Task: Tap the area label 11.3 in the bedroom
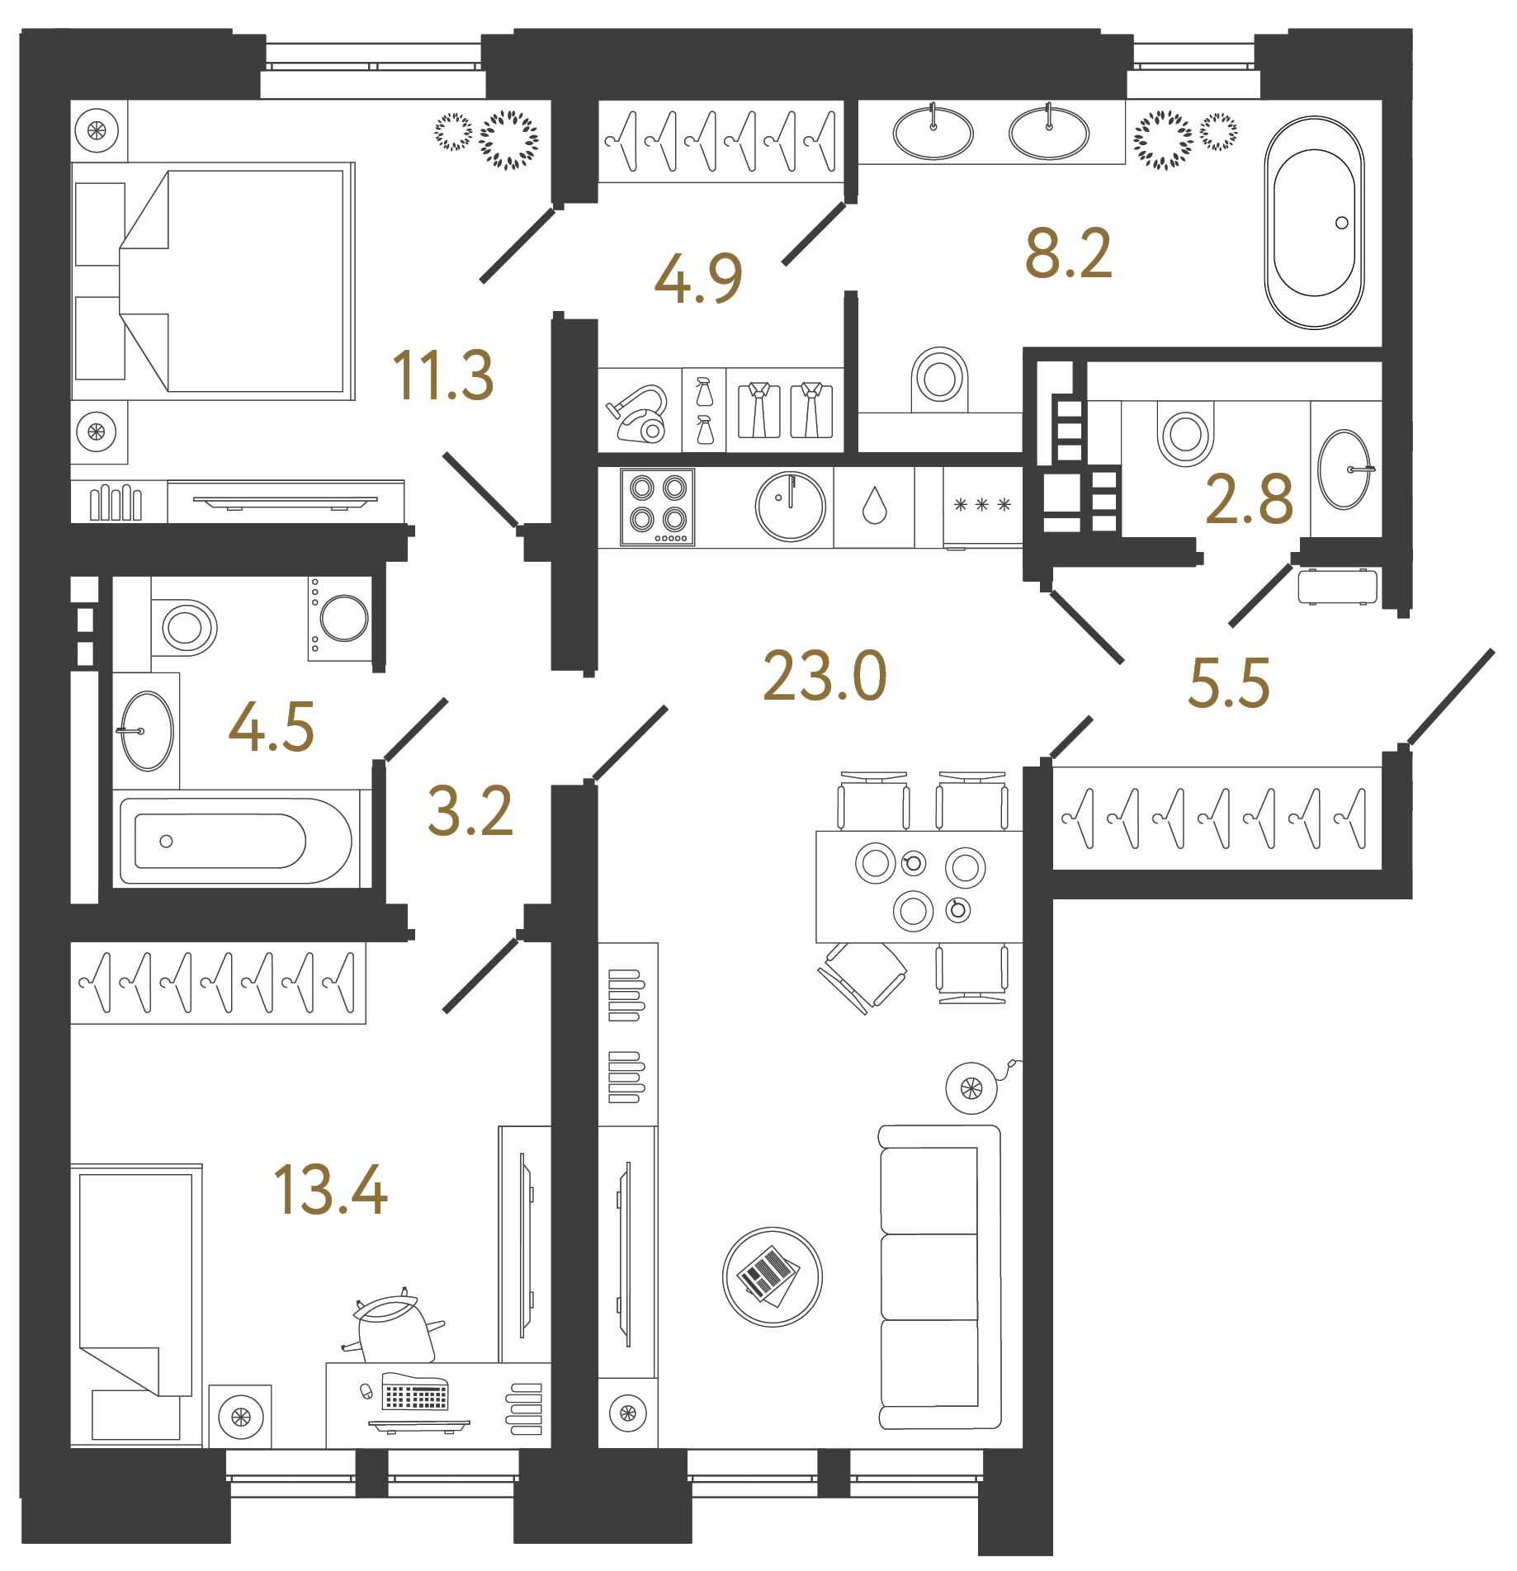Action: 443,376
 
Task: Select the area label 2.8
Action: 1248,500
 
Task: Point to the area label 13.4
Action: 330,1190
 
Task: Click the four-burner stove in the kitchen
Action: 658,507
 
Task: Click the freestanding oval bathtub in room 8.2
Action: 1314,222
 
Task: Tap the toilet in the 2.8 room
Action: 1185,436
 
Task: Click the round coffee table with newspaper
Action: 772,1276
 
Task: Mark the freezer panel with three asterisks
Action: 982,505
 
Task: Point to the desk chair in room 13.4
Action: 393,1328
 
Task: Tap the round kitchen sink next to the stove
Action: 790,507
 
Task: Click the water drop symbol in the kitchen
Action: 874,506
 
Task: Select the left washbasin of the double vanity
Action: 933,133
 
